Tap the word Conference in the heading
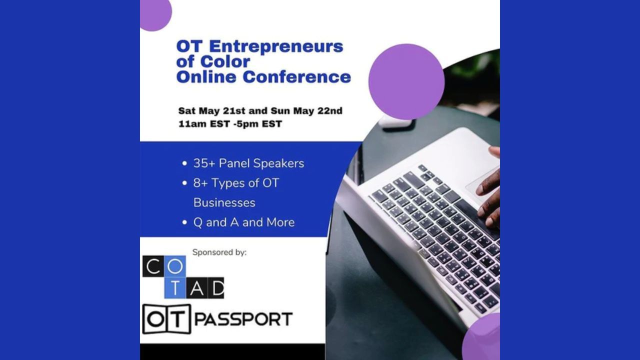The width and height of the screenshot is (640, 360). coord(297,77)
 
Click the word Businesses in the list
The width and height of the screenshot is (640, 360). coord(224,203)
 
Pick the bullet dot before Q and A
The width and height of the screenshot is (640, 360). coord(184,222)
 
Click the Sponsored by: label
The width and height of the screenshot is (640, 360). coord(219,252)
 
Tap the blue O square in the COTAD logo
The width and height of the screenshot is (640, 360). coord(175,266)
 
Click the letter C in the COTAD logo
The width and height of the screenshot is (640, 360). coord(153,266)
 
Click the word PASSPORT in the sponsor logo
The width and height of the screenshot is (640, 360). coord(243,319)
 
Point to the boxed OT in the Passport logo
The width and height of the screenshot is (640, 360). coord(166,319)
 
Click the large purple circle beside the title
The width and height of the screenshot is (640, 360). coord(406,81)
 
